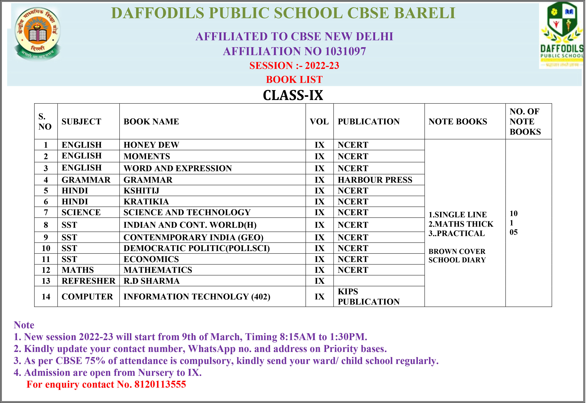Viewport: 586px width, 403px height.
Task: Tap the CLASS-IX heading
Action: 293,95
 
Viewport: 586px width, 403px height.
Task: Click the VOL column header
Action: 319,121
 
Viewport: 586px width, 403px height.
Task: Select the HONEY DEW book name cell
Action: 151,145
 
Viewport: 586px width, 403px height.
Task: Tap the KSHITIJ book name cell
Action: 141,190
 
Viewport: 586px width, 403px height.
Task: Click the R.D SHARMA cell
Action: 151,281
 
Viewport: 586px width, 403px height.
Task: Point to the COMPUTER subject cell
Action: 87,296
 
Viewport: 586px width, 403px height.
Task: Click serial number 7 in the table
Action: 46,212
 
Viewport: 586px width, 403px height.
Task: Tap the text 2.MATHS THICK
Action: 461,224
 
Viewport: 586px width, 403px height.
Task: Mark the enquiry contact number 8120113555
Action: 160,384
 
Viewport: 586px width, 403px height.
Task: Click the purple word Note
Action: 24,325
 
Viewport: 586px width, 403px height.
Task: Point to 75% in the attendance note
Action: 95,361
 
